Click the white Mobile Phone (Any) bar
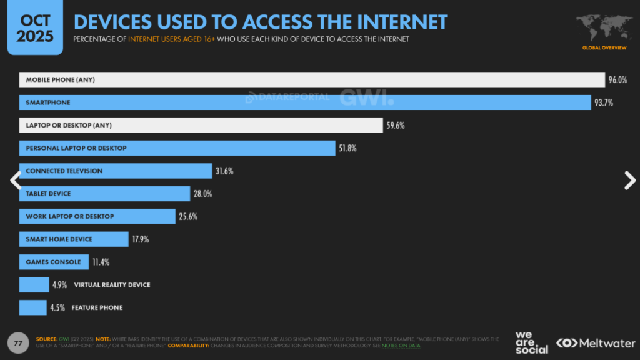tap(312, 79)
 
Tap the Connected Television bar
tap(116, 171)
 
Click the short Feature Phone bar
tap(32, 307)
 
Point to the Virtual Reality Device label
tap(112, 285)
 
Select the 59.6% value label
tap(395, 126)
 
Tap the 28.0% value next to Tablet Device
tap(202, 194)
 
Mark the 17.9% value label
tap(140, 239)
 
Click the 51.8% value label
tap(347, 148)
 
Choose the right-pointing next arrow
tap(629, 180)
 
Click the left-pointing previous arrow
tap(16, 180)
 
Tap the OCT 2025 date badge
tap(35, 27)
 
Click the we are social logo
tap(531, 342)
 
